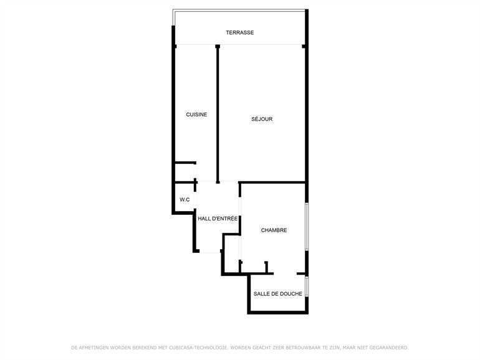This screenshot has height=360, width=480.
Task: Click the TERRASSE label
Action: (240, 32)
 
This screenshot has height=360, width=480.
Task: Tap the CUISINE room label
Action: (196, 115)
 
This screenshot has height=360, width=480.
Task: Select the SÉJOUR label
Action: (262, 119)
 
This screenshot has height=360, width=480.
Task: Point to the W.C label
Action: (185, 200)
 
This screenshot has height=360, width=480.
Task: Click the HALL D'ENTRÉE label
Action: (218, 219)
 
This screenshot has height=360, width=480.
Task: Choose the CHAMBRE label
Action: (274, 230)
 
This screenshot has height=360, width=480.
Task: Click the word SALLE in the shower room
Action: (261, 293)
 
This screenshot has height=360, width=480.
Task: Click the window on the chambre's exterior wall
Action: (307, 226)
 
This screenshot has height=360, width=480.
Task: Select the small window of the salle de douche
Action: (307, 287)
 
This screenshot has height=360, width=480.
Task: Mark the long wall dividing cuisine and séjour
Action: (218, 114)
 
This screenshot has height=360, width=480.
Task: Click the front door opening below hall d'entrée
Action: (209, 252)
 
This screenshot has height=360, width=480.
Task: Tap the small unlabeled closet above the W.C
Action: (185, 173)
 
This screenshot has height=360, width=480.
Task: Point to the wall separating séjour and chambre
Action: (272, 182)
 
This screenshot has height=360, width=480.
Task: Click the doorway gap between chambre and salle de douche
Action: (285, 273)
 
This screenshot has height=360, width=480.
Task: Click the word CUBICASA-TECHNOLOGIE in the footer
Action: (198, 348)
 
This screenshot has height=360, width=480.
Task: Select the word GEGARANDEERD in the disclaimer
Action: (389, 348)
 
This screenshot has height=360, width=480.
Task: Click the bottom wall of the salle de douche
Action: (277, 312)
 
